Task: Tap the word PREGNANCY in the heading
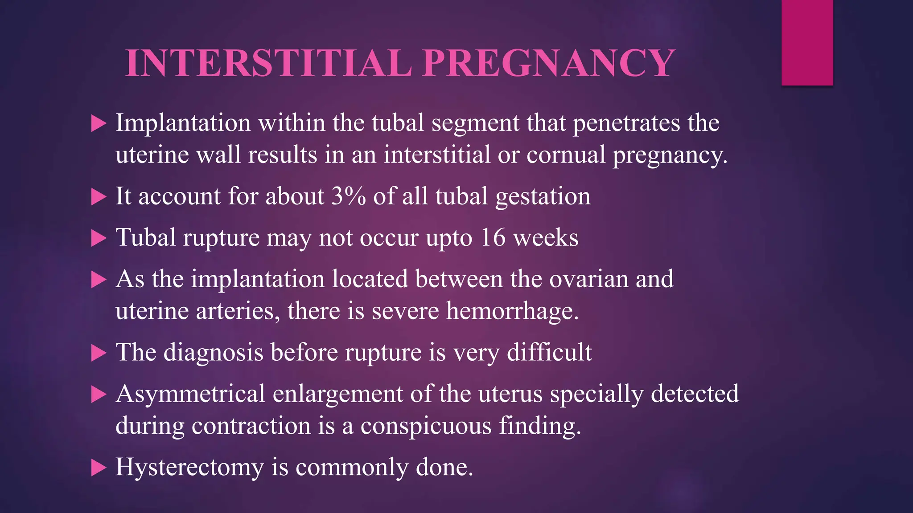pos(549,63)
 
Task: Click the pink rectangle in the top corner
pos(807,42)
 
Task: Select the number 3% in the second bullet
pos(348,196)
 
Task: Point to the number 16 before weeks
pos(493,237)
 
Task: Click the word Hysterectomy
pos(190,468)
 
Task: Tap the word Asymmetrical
pos(190,394)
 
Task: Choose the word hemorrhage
pos(512,310)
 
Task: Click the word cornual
pos(566,155)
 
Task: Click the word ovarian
pos(589,279)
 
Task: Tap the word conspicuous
pos(426,426)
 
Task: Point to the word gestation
pos(543,196)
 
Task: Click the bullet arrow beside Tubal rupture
pos(99,238)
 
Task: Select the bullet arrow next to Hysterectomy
pos(99,468)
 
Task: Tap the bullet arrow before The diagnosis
pos(99,353)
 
